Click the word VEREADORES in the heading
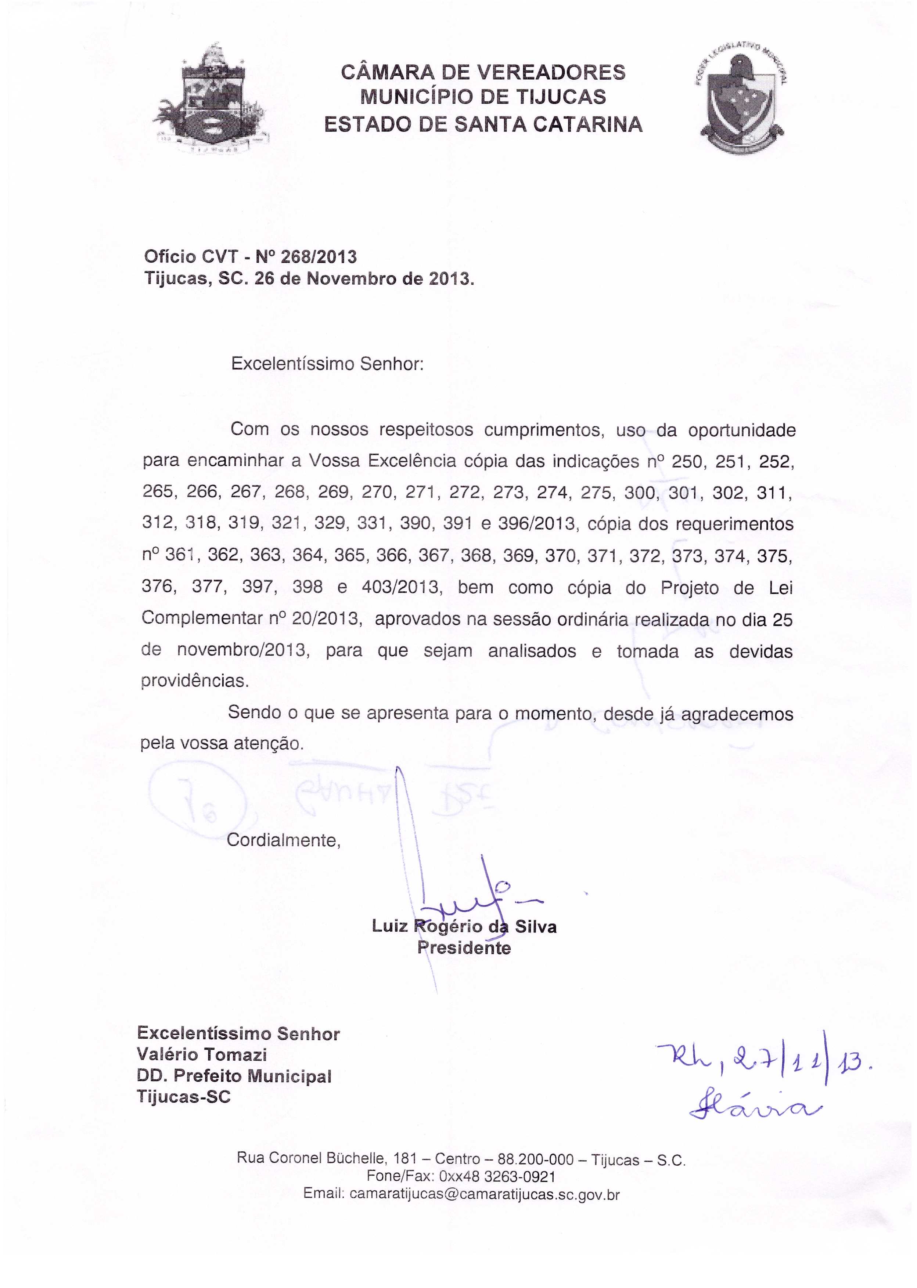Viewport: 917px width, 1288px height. (x=551, y=72)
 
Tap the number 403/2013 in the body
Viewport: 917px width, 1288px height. (x=402, y=588)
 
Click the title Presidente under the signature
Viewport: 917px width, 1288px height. (x=464, y=948)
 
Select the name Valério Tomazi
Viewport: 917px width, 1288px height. (x=202, y=1054)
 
